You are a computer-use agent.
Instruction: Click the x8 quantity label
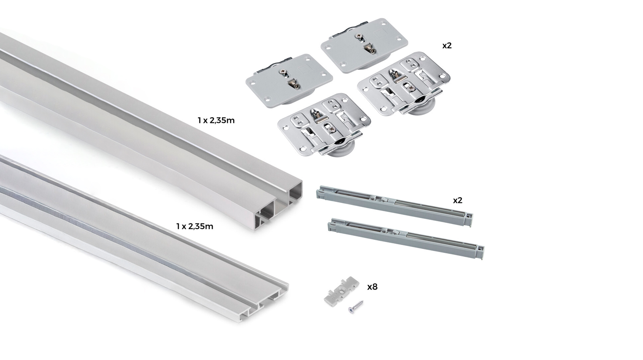[372, 287]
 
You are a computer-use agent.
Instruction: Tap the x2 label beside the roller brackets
[447, 46]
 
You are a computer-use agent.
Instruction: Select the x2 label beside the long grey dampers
[458, 200]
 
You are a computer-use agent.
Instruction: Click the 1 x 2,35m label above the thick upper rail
[216, 120]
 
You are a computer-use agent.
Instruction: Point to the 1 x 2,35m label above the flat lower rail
[195, 226]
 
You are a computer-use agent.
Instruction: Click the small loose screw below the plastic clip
[356, 306]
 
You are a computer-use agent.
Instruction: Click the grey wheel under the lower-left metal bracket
[342, 150]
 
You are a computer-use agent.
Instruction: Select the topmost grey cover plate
[364, 45]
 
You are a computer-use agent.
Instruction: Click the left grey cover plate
[289, 81]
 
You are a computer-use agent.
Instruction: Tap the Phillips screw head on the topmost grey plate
[359, 36]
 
